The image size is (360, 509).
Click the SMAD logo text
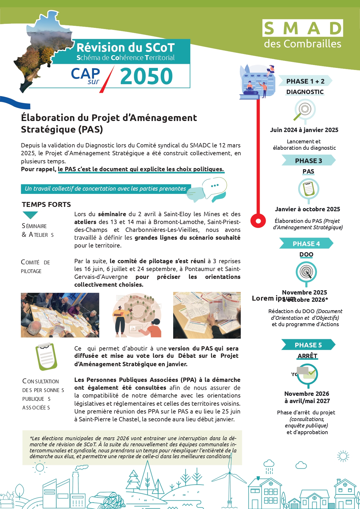click(x=303, y=28)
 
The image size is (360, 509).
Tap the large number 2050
click(x=146, y=76)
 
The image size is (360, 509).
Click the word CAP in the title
click(x=85, y=74)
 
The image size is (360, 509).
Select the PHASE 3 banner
click(x=308, y=160)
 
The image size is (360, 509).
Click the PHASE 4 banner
click(x=306, y=243)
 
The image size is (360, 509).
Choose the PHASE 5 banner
click(x=308, y=345)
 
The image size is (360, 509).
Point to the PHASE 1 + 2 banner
click(x=305, y=81)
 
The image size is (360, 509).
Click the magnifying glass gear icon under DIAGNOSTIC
click(x=304, y=110)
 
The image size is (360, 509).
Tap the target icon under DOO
click(x=306, y=272)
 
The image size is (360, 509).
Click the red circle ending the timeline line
click(x=258, y=221)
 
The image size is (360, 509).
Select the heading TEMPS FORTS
click(x=46, y=205)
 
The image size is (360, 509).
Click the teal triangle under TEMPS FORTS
click(x=30, y=215)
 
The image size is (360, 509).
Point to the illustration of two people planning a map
click(x=136, y=315)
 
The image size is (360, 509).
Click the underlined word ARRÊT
click(x=307, y=356)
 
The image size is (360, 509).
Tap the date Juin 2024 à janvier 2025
click(x=304, y=130)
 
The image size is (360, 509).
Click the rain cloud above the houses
click(x=269, y=463)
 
